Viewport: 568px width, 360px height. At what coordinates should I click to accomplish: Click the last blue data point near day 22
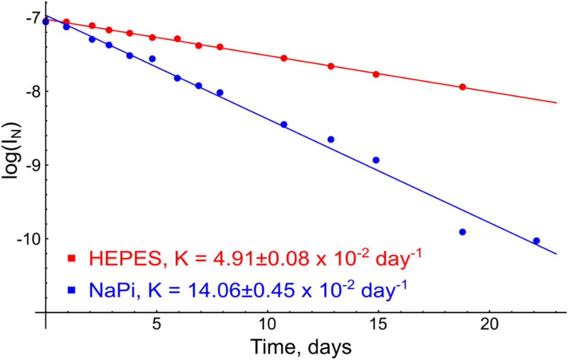(536, 241)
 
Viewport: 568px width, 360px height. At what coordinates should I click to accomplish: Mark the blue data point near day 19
(462, 232)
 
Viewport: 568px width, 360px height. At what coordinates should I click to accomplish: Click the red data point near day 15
(376, 74)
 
